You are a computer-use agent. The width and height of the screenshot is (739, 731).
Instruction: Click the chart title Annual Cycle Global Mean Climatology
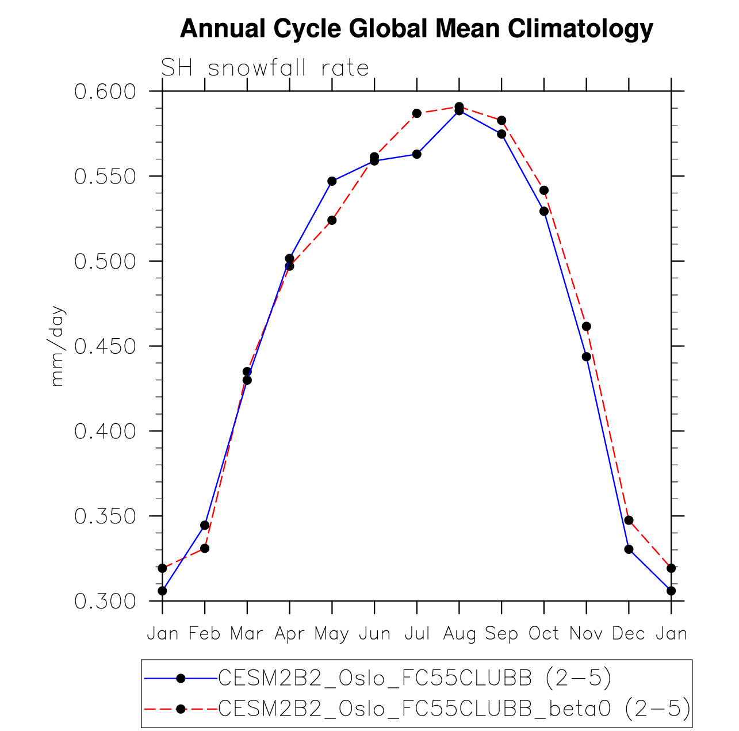click(416, 29)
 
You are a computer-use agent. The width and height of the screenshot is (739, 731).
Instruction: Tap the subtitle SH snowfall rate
click(265, 68)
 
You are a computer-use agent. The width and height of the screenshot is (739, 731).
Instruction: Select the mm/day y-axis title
click(58, 346)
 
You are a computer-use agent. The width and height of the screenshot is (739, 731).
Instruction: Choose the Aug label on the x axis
click(459, 634)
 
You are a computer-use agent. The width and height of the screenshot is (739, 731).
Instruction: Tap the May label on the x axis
click(332, 634)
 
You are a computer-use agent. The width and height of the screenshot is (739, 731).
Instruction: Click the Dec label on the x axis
click(629, 634)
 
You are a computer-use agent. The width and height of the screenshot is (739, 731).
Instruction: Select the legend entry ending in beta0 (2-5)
click(454, 709)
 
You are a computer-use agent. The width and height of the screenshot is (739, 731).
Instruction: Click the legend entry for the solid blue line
click(414, 679)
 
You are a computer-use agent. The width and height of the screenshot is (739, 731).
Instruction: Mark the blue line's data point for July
click(417, 154)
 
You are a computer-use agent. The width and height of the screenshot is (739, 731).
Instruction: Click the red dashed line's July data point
click(417, 113)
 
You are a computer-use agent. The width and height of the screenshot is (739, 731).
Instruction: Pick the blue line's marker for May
click(332, 181)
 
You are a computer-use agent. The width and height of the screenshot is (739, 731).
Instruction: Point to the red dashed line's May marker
click(332, 220)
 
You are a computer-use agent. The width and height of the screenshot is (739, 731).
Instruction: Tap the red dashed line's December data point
click(629, 520)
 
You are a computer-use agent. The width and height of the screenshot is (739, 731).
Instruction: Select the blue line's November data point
click(587, 357)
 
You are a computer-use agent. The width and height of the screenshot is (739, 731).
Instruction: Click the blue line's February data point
click(205, 525)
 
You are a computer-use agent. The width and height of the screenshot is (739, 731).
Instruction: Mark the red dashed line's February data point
click(205, 549)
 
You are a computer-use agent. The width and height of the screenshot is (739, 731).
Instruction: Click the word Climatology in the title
click(580, 29)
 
